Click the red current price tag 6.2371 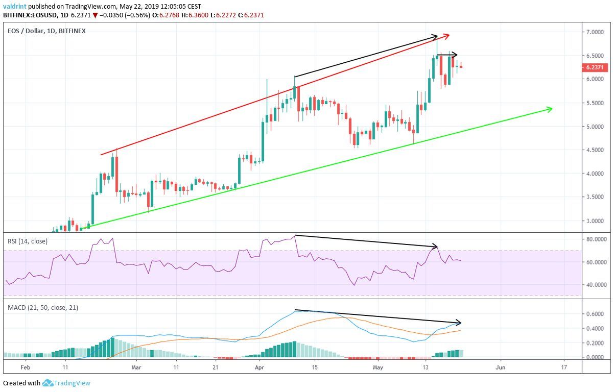(594, 67)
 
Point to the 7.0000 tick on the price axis (594, 32)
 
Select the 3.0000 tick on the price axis (594, 221)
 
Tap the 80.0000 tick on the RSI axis (594, 239)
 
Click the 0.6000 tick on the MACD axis (594, 314)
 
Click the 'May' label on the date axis (377, 366)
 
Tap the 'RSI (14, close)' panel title (28, 241)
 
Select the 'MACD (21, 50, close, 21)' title (43, 307)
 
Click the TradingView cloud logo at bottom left (48, 383)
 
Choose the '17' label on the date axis (564, 366)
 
